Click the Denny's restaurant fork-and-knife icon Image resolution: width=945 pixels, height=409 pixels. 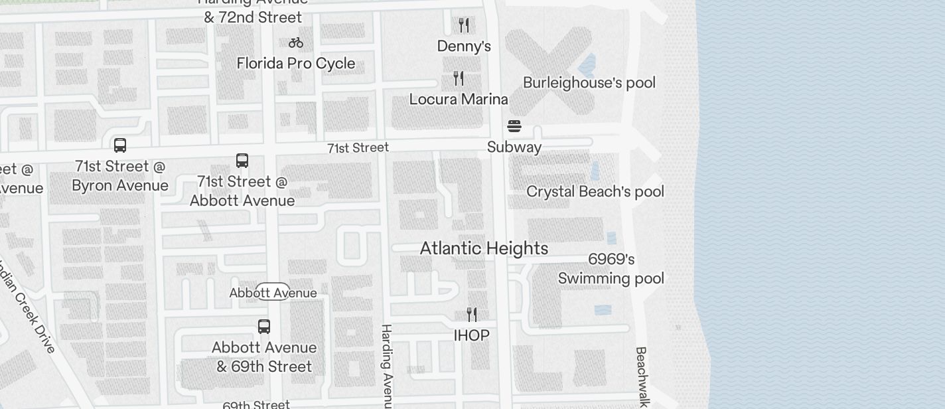[x=464, y=25]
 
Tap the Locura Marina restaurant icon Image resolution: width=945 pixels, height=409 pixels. [x=459, y=78]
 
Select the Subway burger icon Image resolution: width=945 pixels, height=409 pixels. [x=514, y=125]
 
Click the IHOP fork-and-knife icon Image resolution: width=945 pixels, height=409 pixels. [x=472, y=314]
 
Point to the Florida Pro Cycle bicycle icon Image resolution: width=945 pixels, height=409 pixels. [x=296, y=42]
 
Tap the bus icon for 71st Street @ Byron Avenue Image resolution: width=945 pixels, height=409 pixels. [x=120, y=145]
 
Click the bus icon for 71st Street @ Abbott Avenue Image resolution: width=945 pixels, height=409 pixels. [x=242, y=161]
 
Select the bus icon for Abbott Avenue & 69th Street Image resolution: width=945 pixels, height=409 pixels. [x=264, y=327]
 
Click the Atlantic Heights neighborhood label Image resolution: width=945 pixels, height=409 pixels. [x=484, y=248]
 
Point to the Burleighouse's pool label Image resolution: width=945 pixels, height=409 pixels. [x=589, y=83]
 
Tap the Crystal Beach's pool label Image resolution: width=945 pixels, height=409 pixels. [x=595, y=192]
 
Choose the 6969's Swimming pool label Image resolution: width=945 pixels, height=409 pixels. [x=611, y=269]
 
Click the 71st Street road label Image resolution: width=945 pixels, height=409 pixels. [x=358, y=147]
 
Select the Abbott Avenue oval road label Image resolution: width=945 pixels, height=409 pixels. [x=273, y=292]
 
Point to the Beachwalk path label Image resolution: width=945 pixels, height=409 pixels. [x=641, y=376]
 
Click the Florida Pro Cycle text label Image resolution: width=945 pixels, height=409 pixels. [x=296, y=64]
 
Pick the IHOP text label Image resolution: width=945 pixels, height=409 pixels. [x=471, y=336]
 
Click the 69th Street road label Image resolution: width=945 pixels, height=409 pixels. [x=256, y=404]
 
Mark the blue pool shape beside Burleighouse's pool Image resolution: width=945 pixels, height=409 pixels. [x=587, y=65]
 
